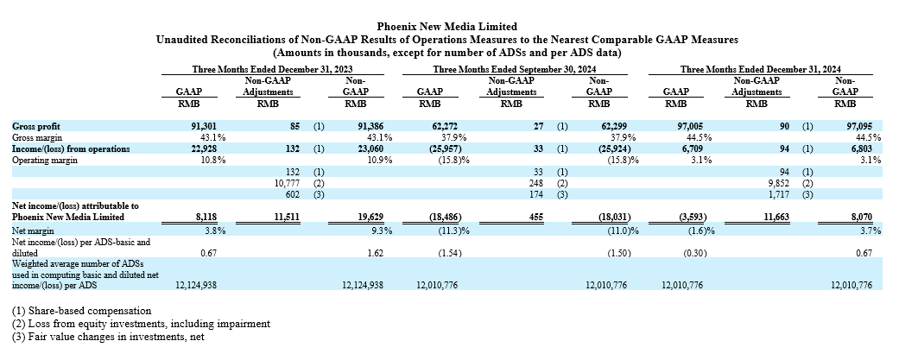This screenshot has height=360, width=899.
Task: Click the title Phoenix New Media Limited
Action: [x=447, y=27]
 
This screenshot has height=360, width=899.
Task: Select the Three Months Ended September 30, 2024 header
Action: [x=515, y=69]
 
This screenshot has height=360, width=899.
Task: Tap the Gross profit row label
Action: [x=36, y=126]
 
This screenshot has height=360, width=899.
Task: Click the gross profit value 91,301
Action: [x=204, y=126]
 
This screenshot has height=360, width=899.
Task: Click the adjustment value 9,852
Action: [x=781, y=183]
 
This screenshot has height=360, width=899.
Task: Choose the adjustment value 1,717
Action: [x=781, y=195]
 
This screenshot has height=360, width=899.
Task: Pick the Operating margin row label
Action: [x=45, y=161]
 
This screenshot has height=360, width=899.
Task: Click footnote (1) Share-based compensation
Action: [x=81, y=311]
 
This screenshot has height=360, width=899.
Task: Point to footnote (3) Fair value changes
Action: [x=108, y=337]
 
